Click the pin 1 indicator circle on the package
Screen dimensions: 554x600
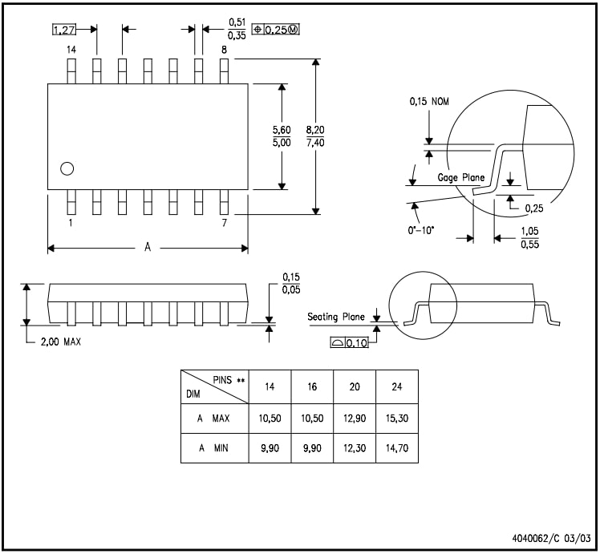(67, 168)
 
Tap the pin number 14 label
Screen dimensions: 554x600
(71, 50)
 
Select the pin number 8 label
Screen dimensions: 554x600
(224, 50)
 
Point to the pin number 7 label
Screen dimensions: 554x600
(224, 223)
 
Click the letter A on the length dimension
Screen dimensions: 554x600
(147, 248)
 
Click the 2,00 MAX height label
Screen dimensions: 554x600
(60, 341)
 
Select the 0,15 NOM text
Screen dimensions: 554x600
(429, 102)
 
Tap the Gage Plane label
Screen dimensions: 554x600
(460, 176)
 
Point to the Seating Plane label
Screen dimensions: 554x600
(335, 317)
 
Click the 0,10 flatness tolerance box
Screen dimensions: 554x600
(347, 342)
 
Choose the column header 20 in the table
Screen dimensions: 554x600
(354, 386)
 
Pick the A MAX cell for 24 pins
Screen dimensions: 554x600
(396, 419)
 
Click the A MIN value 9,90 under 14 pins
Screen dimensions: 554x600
(269, 448)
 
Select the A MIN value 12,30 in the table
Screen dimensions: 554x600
(354, 448)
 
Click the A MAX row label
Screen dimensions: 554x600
(213, 419)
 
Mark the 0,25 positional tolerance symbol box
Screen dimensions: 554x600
(275, 30)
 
